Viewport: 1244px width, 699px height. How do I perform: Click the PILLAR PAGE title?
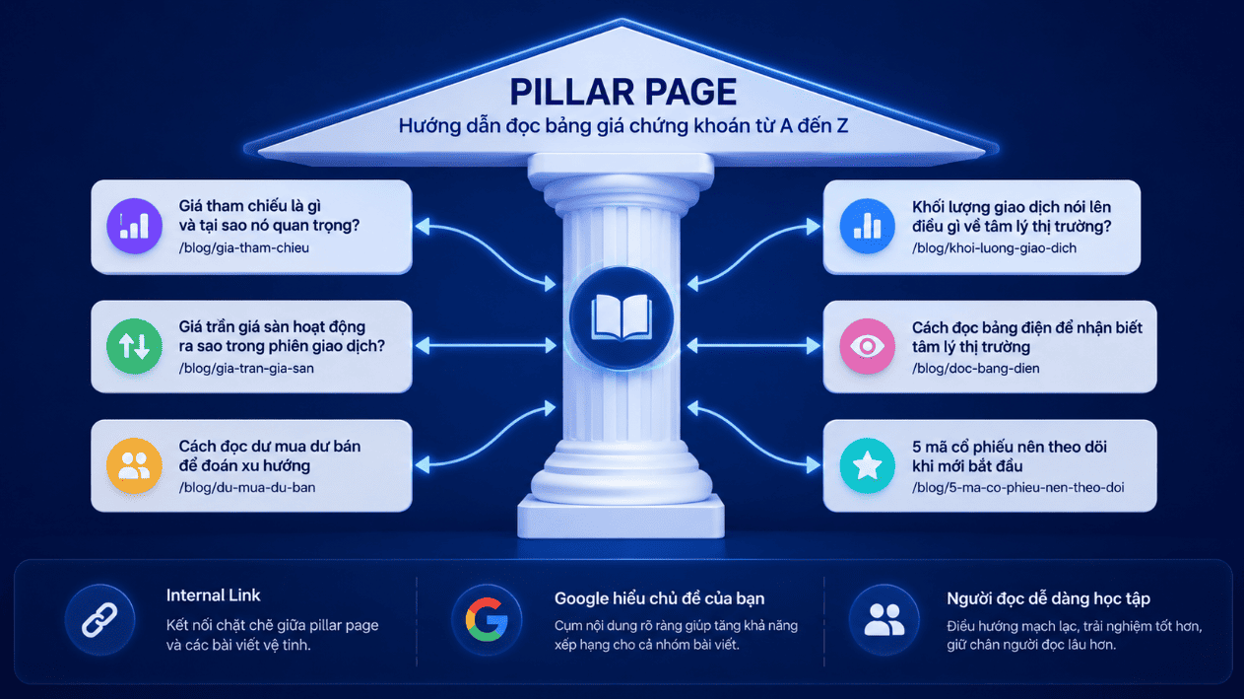623,92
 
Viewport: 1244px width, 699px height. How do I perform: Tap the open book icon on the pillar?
622,317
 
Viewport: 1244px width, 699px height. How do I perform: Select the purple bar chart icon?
134,226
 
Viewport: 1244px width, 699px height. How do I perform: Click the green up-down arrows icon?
134,346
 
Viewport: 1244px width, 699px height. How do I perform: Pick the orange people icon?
134,465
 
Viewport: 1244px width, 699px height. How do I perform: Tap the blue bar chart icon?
867,227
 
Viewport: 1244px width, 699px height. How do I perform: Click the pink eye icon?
867,346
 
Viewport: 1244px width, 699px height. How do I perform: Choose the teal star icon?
867,465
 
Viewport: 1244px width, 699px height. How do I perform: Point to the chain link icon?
99,619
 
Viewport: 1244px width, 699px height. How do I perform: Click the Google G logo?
487,619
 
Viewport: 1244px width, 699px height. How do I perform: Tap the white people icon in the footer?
884,619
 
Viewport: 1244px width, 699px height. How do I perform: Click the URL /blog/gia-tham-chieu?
244,248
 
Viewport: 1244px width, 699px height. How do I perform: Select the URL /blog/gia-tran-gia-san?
246,368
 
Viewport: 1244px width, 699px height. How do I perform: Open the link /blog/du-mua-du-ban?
247,488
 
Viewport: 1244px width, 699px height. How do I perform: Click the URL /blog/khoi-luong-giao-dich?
994,248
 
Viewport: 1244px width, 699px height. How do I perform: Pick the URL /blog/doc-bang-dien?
976,368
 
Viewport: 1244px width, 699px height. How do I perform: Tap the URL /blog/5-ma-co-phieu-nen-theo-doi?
1018,488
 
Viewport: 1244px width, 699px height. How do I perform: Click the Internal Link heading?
214,595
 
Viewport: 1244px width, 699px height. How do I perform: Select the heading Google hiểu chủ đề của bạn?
659,598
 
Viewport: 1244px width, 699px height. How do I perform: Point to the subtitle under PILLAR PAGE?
623,126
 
